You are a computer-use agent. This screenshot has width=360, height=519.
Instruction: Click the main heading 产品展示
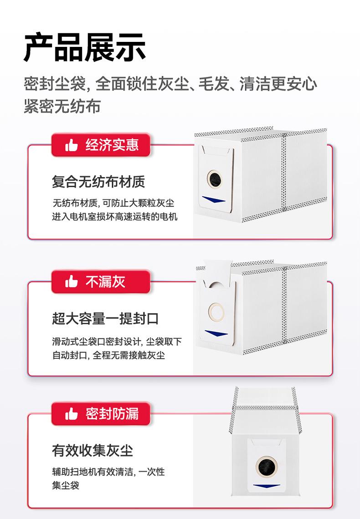pos(85,47)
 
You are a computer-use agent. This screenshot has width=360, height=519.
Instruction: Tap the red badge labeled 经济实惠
pos(101,145)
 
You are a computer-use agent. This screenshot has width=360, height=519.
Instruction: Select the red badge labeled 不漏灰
pos(101,282)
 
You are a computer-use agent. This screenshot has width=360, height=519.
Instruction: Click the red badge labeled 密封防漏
pos(101,414)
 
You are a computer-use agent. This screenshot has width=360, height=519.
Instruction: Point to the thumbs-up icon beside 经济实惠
pos(72,146)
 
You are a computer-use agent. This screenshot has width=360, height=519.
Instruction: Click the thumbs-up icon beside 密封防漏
pos(72,414)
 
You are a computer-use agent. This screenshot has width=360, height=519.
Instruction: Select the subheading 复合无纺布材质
pos(98,182)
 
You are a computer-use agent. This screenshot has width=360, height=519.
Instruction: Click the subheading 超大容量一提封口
pos(105,318)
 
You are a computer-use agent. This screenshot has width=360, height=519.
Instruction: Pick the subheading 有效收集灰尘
pos(93,451)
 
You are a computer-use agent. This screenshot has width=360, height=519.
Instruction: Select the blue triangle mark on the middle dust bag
pos(216,333)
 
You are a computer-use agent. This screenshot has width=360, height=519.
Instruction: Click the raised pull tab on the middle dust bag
pos(217,274)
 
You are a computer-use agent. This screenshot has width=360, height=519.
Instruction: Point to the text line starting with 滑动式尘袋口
pos(117,341)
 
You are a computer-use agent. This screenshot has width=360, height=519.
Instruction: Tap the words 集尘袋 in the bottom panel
pos(66,485)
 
